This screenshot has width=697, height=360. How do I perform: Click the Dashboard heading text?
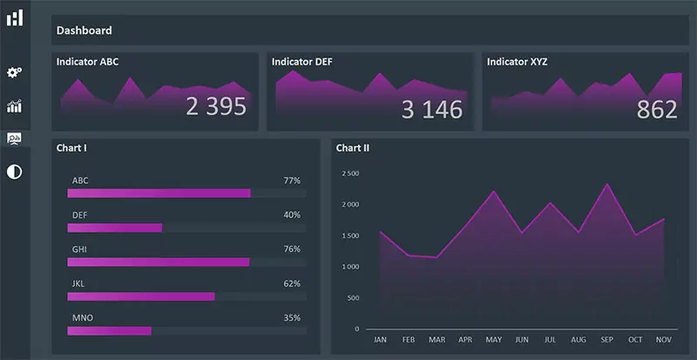click(x=84, y=31)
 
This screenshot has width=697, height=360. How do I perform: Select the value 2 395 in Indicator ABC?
click(x=216, y=107)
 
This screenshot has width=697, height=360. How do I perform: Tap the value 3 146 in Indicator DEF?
click(x=431, y=110)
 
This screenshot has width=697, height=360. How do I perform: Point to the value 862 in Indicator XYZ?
click(x=657, y=110)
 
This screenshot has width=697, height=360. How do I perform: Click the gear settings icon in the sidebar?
click(x=14, y=72)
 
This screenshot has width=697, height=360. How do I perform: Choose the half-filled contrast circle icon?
click(x=14, y=171)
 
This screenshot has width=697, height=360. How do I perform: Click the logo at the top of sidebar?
click(x=15, y=17)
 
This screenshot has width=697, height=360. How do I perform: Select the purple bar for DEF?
click(x=115, y=228)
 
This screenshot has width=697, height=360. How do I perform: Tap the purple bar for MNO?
click(x=110, y=330)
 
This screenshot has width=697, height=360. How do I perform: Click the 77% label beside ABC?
click(x=292, y=180)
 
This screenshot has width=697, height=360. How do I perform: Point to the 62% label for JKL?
click(x=292, y=283)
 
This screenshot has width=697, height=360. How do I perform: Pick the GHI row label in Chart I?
click(x=80, y=249)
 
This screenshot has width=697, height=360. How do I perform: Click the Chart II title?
click(x=352, y=148)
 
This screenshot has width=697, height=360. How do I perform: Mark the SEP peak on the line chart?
click(x=607, y=184)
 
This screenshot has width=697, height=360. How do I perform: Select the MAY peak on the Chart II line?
click(x=493, y=191)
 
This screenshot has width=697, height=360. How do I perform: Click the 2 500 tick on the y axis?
click(x=350, y=173)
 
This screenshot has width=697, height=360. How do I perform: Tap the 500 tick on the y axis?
click(x=353, y=298)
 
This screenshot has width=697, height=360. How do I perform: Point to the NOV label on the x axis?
click(x=663, y=340)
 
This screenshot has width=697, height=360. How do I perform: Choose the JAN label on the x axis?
click(x=380, y=340)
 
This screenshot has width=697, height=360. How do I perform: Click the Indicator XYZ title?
click(x=517, y=62)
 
